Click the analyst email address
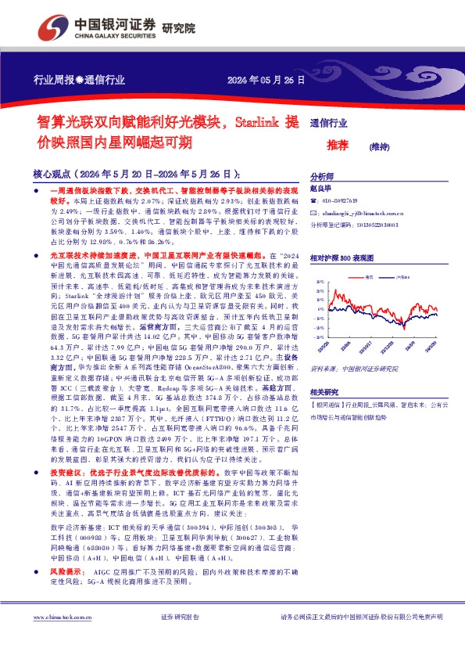click(x=361, y=213)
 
